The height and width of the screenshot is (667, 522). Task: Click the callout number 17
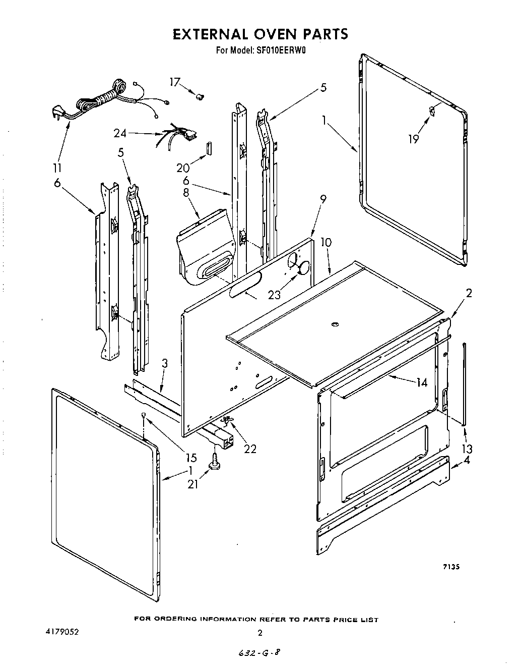coord(174,82)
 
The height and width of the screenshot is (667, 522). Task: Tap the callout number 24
coord(120,134)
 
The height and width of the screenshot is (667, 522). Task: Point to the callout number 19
coord(413,139)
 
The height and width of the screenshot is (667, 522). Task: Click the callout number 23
coord(274,295)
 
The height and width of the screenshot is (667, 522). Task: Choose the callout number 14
coord(422,383)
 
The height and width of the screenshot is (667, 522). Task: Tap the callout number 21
coord(192,484)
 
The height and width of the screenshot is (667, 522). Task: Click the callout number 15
coord(191,458)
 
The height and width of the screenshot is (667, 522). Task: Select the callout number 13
coord(467,449)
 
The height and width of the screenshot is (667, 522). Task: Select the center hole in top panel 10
coord(334,323)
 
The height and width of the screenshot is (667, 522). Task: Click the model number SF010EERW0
coord(280,50)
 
